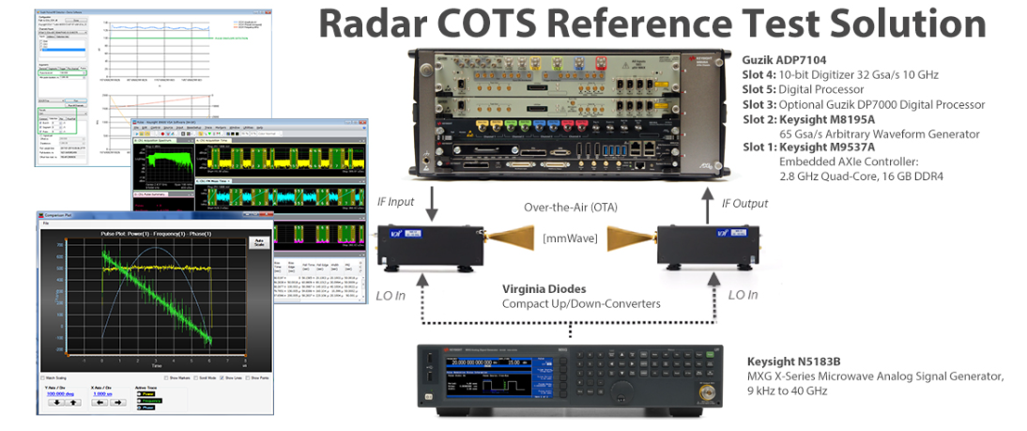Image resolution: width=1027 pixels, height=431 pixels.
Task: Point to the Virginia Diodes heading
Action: [545, 289]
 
